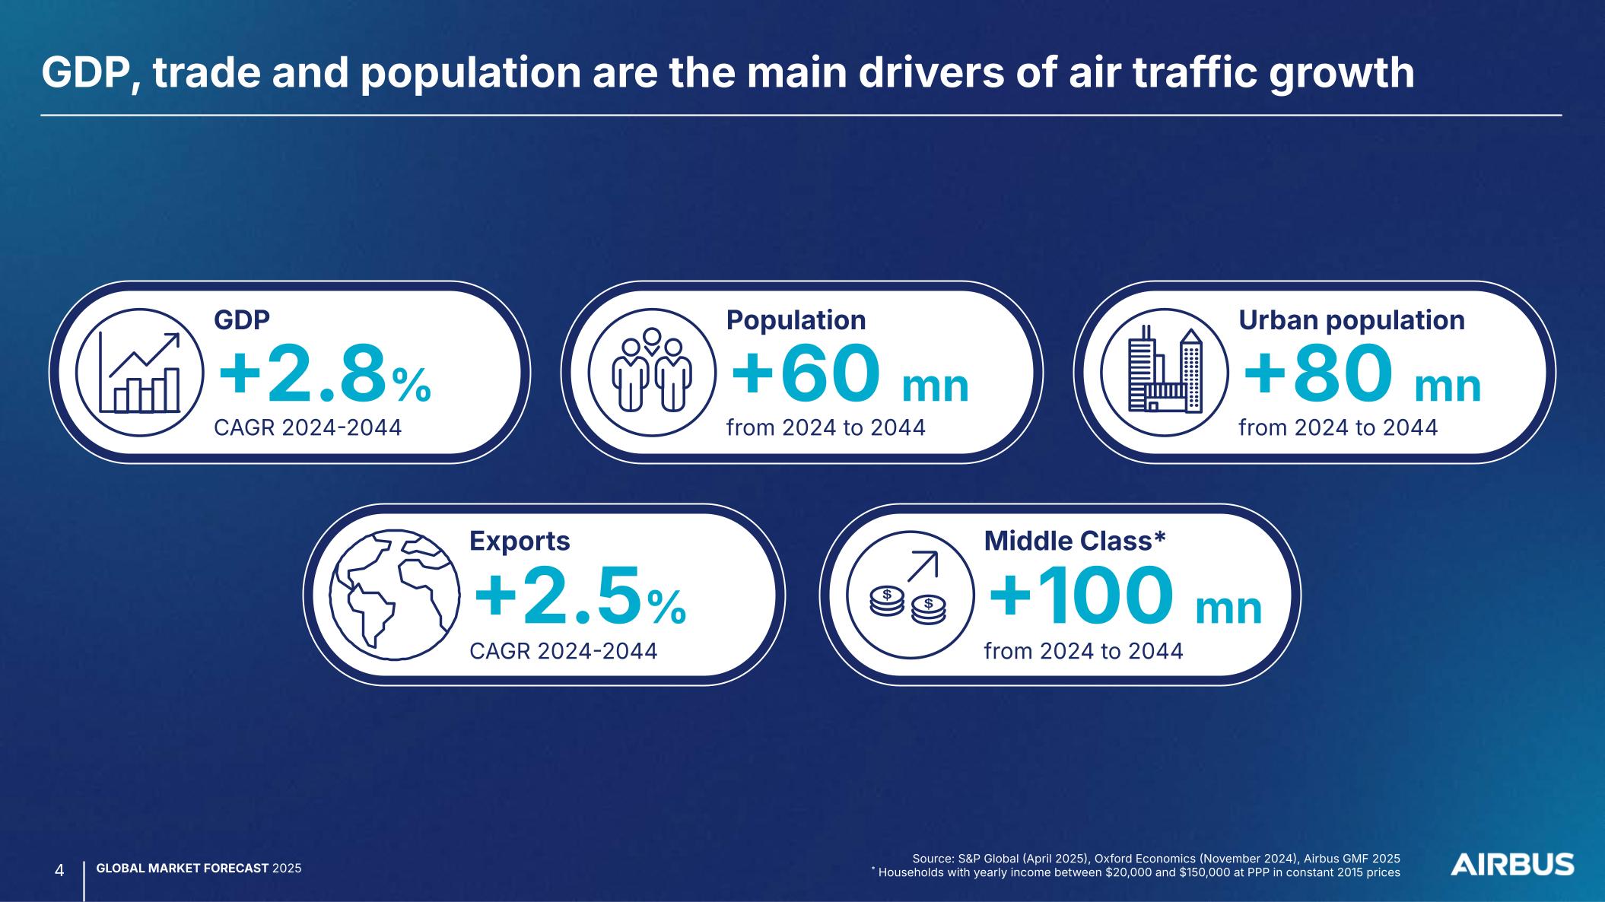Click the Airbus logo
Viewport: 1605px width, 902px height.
(x=1512, y=864)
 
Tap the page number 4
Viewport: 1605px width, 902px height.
(x=59, y=869)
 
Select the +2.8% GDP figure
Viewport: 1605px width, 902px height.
(x=325, y=375)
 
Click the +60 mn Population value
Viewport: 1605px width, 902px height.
(x=850, y=375)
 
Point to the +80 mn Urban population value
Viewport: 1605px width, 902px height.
(x=1362, y=375)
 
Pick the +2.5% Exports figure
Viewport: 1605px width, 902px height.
(x=580, y=598)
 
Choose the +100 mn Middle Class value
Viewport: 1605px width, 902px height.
(x=1125, y=598)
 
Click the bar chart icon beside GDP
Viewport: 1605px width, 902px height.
(x=140, y=372)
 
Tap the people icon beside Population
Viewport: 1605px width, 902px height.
(x=652, y=372)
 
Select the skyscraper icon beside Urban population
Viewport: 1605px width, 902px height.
(x=1165, y=372)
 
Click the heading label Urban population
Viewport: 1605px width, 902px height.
(x=1352, y=320)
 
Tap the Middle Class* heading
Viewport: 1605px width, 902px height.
(x=1075, y=541)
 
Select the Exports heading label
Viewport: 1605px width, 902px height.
(x=520, y=541)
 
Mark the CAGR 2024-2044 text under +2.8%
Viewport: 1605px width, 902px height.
(x=307, y=428)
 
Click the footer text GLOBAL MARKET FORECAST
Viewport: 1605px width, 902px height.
(x=183, y=869)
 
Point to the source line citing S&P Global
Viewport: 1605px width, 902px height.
(x=1156, y=858)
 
